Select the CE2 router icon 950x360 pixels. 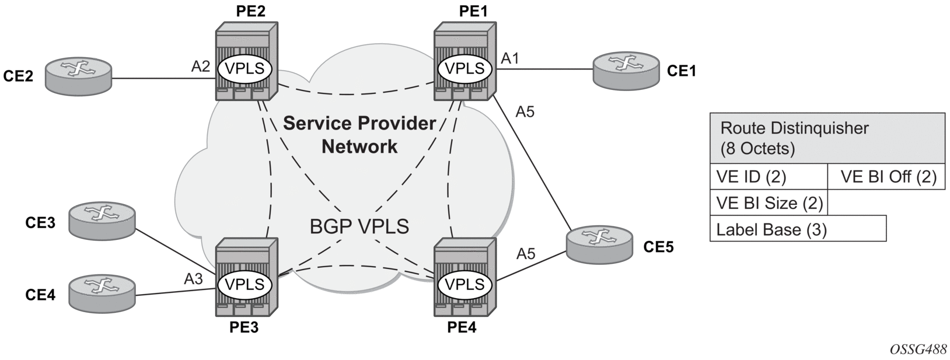pos(78,76)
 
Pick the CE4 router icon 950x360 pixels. pos(102,293)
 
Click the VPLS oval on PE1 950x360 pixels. pos(464,69)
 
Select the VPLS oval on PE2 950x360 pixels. pos(245,69)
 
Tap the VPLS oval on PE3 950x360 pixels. pos(245,285)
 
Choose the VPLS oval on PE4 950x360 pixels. pos(464,285)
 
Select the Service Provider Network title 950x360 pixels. pos(359,135)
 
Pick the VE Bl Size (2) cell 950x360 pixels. pos(769,203)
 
